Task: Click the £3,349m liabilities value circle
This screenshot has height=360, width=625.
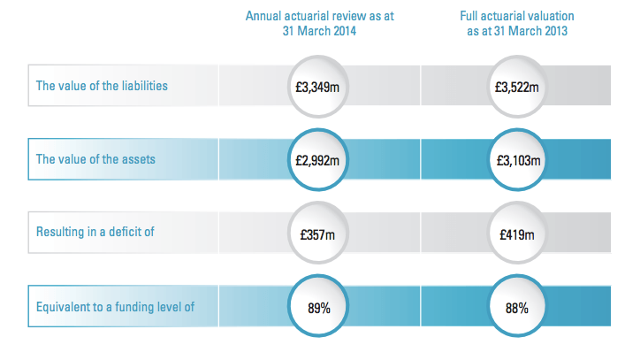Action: pyautogui.click(x=318, y=88)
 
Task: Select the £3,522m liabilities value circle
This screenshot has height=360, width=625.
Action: pyautogui.click(x=517, y=88)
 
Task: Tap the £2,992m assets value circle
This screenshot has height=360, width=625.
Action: pyautogui.click(x=318, y=161)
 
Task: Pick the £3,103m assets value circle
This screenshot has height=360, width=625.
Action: pyautogui.click(x=517, y=161)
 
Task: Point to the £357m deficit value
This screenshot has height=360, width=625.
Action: pyautogui.click(x=318, y=235)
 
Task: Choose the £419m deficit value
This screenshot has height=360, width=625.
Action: pyautogui.click(x=517, y=235)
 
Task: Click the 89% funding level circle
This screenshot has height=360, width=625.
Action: pyautogui.click(x=318, y=309)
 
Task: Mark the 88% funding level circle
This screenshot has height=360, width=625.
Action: pyautogui.click(x=517, y=309)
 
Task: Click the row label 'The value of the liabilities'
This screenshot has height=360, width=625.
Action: pyautogui.click(x=102, y=87)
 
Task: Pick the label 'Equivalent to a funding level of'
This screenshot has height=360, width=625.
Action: pyautogui.click(x=114, y=308)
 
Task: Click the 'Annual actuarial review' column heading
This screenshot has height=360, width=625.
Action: pyautogui.click(x=318, y=14)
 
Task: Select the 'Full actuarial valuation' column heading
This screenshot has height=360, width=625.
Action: pyautogui.click(x=517, y=14)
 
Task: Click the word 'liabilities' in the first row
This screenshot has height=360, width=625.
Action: pyautogui.click(x=143, y=87)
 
